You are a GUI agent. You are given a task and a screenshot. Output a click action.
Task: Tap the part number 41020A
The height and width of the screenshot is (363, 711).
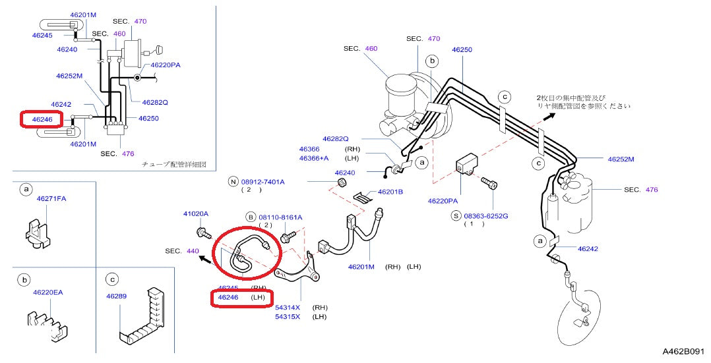click(x=195, y=214)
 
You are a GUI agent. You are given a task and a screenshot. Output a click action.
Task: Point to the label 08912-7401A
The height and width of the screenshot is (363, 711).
click(x=263, y=181)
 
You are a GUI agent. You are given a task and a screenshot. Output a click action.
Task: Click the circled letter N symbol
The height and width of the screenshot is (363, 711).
click(x=233, y=181)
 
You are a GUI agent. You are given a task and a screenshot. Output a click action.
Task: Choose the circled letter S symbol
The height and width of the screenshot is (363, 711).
click(x=455, y=215)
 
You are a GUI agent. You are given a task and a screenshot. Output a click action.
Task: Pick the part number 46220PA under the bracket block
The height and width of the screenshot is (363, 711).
click(x=442, y=201)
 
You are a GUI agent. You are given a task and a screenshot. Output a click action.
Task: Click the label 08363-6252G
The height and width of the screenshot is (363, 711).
click(x=485, y=215)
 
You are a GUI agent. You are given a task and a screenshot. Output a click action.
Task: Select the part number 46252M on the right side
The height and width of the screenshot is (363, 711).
click(x=621, y=159)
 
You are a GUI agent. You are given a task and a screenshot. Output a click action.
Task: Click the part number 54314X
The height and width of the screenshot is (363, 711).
click(x=288, y=308)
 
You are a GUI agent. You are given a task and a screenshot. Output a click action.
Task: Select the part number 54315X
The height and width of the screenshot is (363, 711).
click(x=288, y=317)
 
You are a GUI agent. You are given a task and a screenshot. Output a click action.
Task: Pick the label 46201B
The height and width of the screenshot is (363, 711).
click(x=390, y=192)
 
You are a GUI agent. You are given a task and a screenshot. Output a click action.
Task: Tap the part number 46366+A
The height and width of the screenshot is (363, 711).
click(x=314, y=159)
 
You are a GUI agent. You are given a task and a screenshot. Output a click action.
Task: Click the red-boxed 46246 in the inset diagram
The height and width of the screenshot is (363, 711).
click(x=41, y=119)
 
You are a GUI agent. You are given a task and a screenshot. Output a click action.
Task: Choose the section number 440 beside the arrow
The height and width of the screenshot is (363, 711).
click(x=193, y=251)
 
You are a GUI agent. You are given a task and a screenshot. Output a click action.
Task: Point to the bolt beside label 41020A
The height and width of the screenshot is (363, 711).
click(x=202, y=232)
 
